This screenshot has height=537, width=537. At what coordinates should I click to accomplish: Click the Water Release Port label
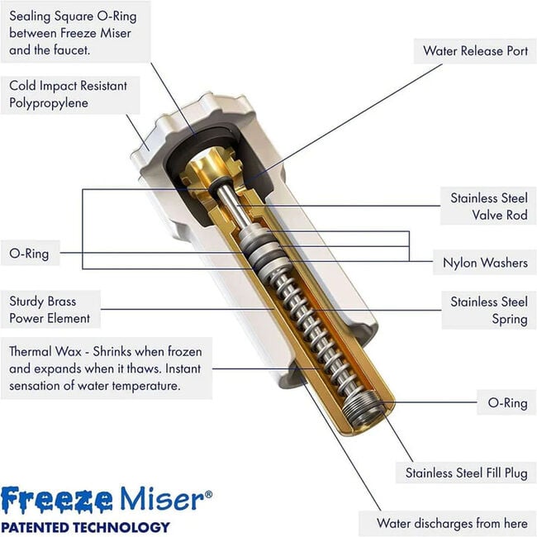475,51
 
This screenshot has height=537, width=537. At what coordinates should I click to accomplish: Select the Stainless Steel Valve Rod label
488,207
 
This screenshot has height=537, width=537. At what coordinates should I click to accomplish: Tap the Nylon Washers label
484,264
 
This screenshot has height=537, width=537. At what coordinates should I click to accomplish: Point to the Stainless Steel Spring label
488,310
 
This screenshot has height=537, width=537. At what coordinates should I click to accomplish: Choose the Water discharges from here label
451,523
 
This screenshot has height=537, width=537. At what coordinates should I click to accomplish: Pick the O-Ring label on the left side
29,254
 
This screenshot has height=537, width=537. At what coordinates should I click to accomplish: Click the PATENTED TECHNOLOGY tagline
85,526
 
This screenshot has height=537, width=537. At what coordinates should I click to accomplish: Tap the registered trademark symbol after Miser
207,493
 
